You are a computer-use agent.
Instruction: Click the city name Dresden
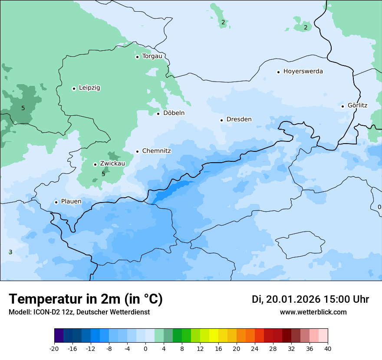click(x=239, y=119)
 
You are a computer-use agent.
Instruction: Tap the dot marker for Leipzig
click(x=74, y=88)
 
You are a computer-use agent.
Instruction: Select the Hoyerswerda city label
click(x=303, y=71)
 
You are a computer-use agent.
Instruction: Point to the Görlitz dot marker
click(x=342, y=106)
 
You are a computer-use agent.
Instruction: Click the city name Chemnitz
click(x=156, y=151)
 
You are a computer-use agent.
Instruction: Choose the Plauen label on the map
click(x=71, y=201)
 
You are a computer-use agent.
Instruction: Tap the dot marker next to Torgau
click(x=137, y=57)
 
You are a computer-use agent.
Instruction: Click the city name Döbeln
click(x=174, y=113)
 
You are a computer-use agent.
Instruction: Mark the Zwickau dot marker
click(x=95, y=164)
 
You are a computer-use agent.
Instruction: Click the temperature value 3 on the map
click(x=10, y=252)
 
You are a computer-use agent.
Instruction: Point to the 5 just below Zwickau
click(x=103, y=174)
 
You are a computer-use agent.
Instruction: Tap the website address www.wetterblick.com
click(x=313, y=312)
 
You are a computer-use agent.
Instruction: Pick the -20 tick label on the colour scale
click(x=54, y=349)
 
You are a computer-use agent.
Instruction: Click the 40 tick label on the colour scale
click(x=328, y=349)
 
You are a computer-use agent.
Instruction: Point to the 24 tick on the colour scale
click(x=255, y=349)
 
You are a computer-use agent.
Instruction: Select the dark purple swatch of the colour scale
click(x=59, y=336)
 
